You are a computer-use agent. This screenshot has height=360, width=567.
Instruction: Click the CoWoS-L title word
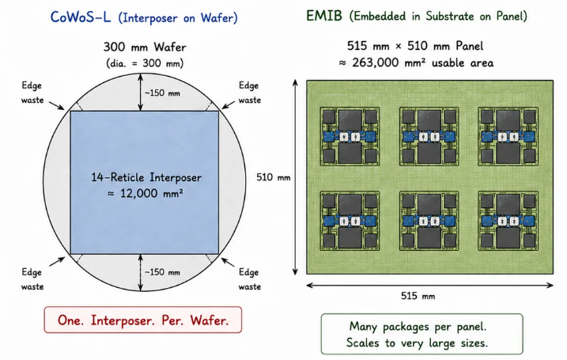click(x=81, y=17)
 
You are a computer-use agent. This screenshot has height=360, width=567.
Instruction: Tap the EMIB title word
click(x=324, y=16)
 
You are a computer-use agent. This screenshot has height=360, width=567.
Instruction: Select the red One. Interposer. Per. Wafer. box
click(x=143, y=320)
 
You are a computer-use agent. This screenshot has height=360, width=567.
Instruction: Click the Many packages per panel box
click(x=422, y=334)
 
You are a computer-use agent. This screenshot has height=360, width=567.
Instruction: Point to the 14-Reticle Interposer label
click(x=146, y=177)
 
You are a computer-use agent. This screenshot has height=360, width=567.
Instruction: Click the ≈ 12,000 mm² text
click(x=145, y=193)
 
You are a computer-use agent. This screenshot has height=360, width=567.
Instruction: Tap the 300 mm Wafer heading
click(x=145, y=47)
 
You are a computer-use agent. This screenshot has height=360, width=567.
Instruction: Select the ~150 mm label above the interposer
click(x=162, y=93)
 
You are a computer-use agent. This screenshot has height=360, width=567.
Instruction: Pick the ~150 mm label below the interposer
click(x=162, y=272)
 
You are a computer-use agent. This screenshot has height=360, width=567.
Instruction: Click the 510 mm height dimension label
click(x=274, y=177)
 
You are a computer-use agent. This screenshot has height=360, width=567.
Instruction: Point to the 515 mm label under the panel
click(x=418, y=296)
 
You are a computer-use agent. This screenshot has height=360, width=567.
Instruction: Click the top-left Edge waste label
click(x=32, y=93)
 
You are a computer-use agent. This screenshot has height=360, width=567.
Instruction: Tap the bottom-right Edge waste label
click(x=250, y=279)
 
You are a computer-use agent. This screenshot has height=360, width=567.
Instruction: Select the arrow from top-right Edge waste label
click(x=229, y=104)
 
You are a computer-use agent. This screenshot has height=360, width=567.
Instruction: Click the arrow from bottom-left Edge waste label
click(x=57, y=261)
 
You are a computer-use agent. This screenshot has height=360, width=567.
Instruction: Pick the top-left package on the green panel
click(x=350, y=136)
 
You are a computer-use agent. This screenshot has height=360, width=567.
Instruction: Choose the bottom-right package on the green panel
click(x=508, y=221)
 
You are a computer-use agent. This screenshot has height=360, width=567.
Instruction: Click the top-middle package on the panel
click(x=429, y=136)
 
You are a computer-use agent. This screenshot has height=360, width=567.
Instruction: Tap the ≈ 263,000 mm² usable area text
click(x=416, y=63)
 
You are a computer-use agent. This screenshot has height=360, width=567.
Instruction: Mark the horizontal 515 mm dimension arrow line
click(x=429, y=285)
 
